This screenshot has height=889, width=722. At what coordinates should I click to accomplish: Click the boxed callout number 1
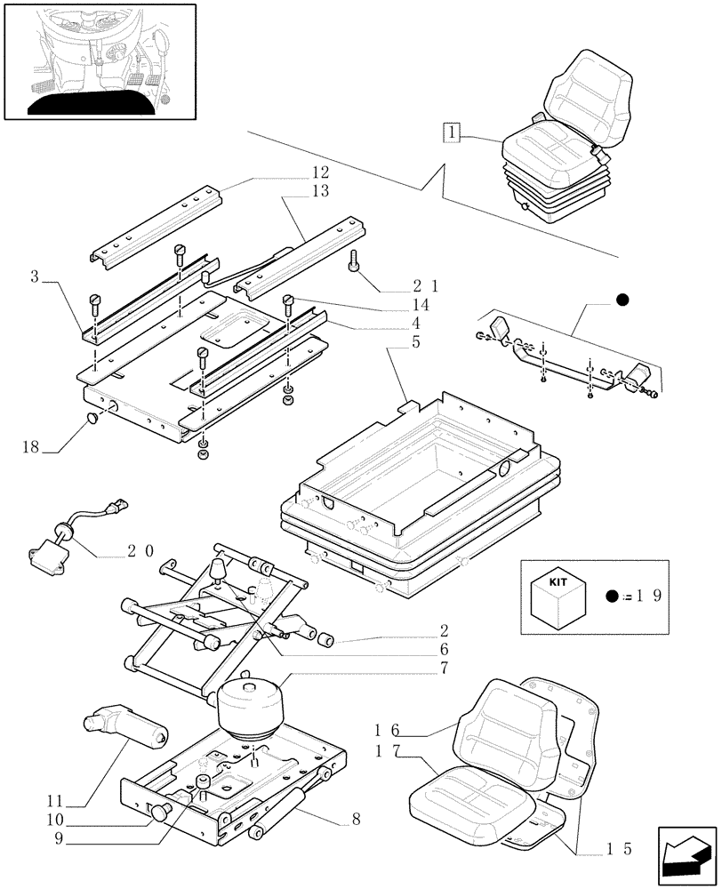point(453,133)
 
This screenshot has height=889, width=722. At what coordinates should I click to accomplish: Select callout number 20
point(138,551)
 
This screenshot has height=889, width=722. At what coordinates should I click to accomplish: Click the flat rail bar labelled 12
point(156,221)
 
